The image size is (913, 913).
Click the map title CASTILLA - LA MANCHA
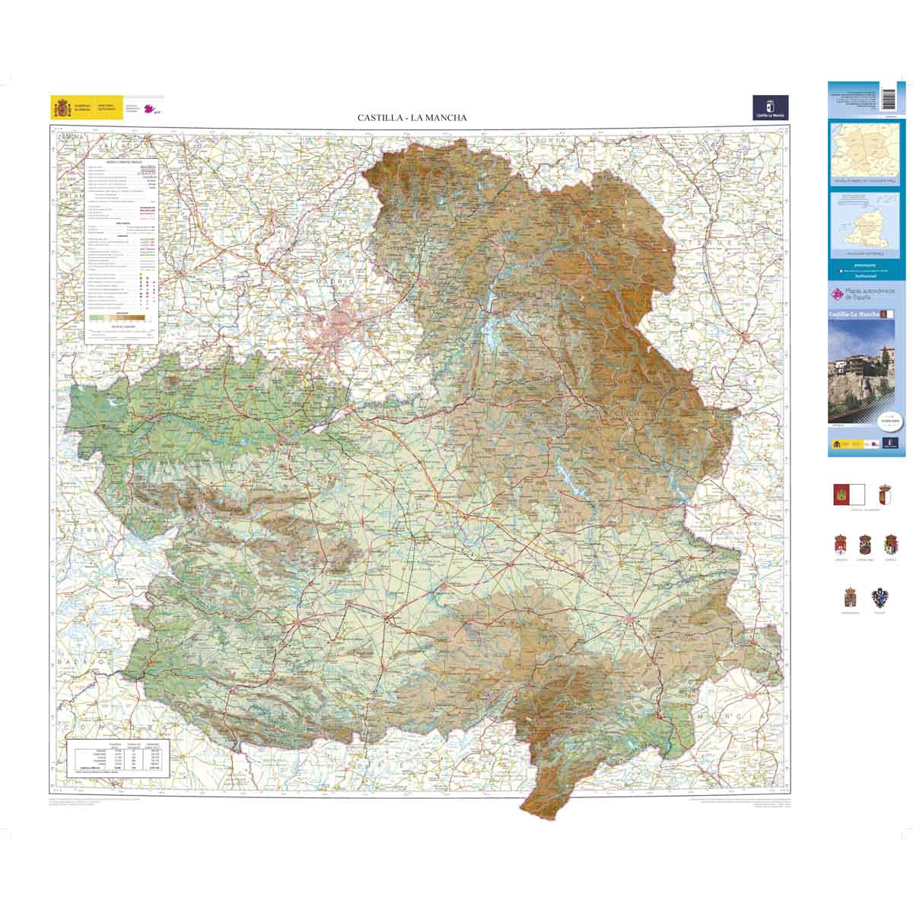(412, 118)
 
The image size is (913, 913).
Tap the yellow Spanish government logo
(62, 108)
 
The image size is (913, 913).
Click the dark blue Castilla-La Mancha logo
(770, 107)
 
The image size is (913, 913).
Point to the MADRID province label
(336, 282)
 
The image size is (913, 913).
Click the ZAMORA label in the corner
(68, 135)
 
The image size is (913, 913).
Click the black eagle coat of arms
(881, 596)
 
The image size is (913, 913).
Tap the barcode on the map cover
(889, 98)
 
